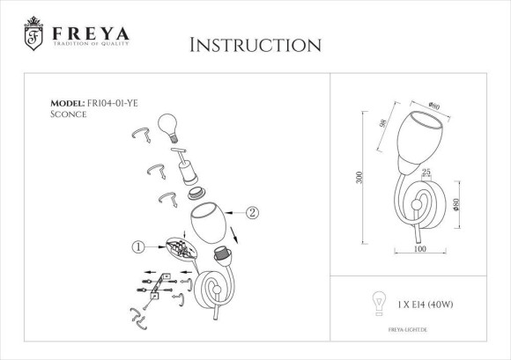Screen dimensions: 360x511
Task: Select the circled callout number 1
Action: [x=137, y=248]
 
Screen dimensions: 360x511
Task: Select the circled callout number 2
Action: [x=253, y=212]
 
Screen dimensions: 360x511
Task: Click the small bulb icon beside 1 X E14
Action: [x=380, y=302]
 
